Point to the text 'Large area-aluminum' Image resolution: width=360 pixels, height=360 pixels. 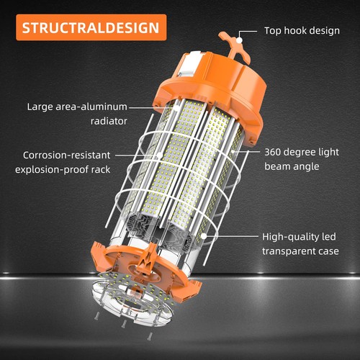coord(78,107)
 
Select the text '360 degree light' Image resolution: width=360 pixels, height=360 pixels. coord(300,153)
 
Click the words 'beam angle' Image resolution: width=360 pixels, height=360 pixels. coord(290,168)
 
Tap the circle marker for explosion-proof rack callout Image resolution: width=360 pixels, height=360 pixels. coord(156,154)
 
